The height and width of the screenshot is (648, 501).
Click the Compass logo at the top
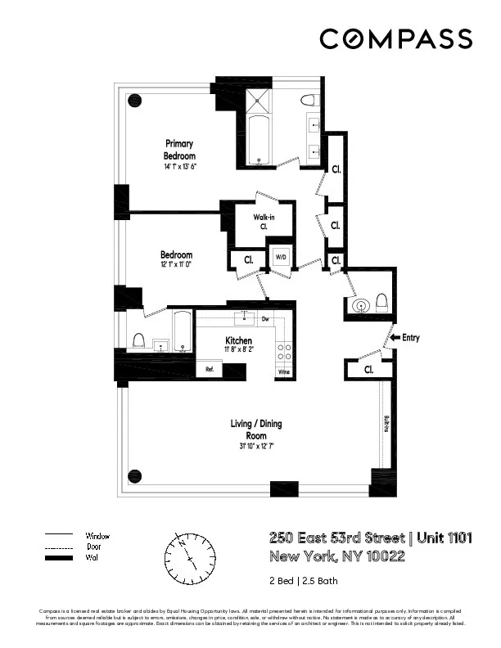(x=395, y=38)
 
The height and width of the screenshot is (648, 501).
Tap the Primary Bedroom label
(x=178, y=150)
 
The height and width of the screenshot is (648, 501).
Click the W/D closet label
(x=281, y=258)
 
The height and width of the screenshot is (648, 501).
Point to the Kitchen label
(x=238, y=340)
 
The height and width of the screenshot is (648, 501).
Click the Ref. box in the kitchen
(x=210, y=370)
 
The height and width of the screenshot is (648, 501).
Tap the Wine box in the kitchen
(x=284, y=372)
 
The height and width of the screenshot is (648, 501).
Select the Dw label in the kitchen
(x=265, y=318)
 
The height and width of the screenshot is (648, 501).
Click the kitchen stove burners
(x=285, y=352)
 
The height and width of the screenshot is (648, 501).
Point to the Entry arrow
(x=396, y=337)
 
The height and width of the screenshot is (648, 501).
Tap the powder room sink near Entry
(x=359, y=306)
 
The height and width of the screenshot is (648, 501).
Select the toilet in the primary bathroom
(x=308, y=101)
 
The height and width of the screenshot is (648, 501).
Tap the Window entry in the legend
(x=97, y=536)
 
